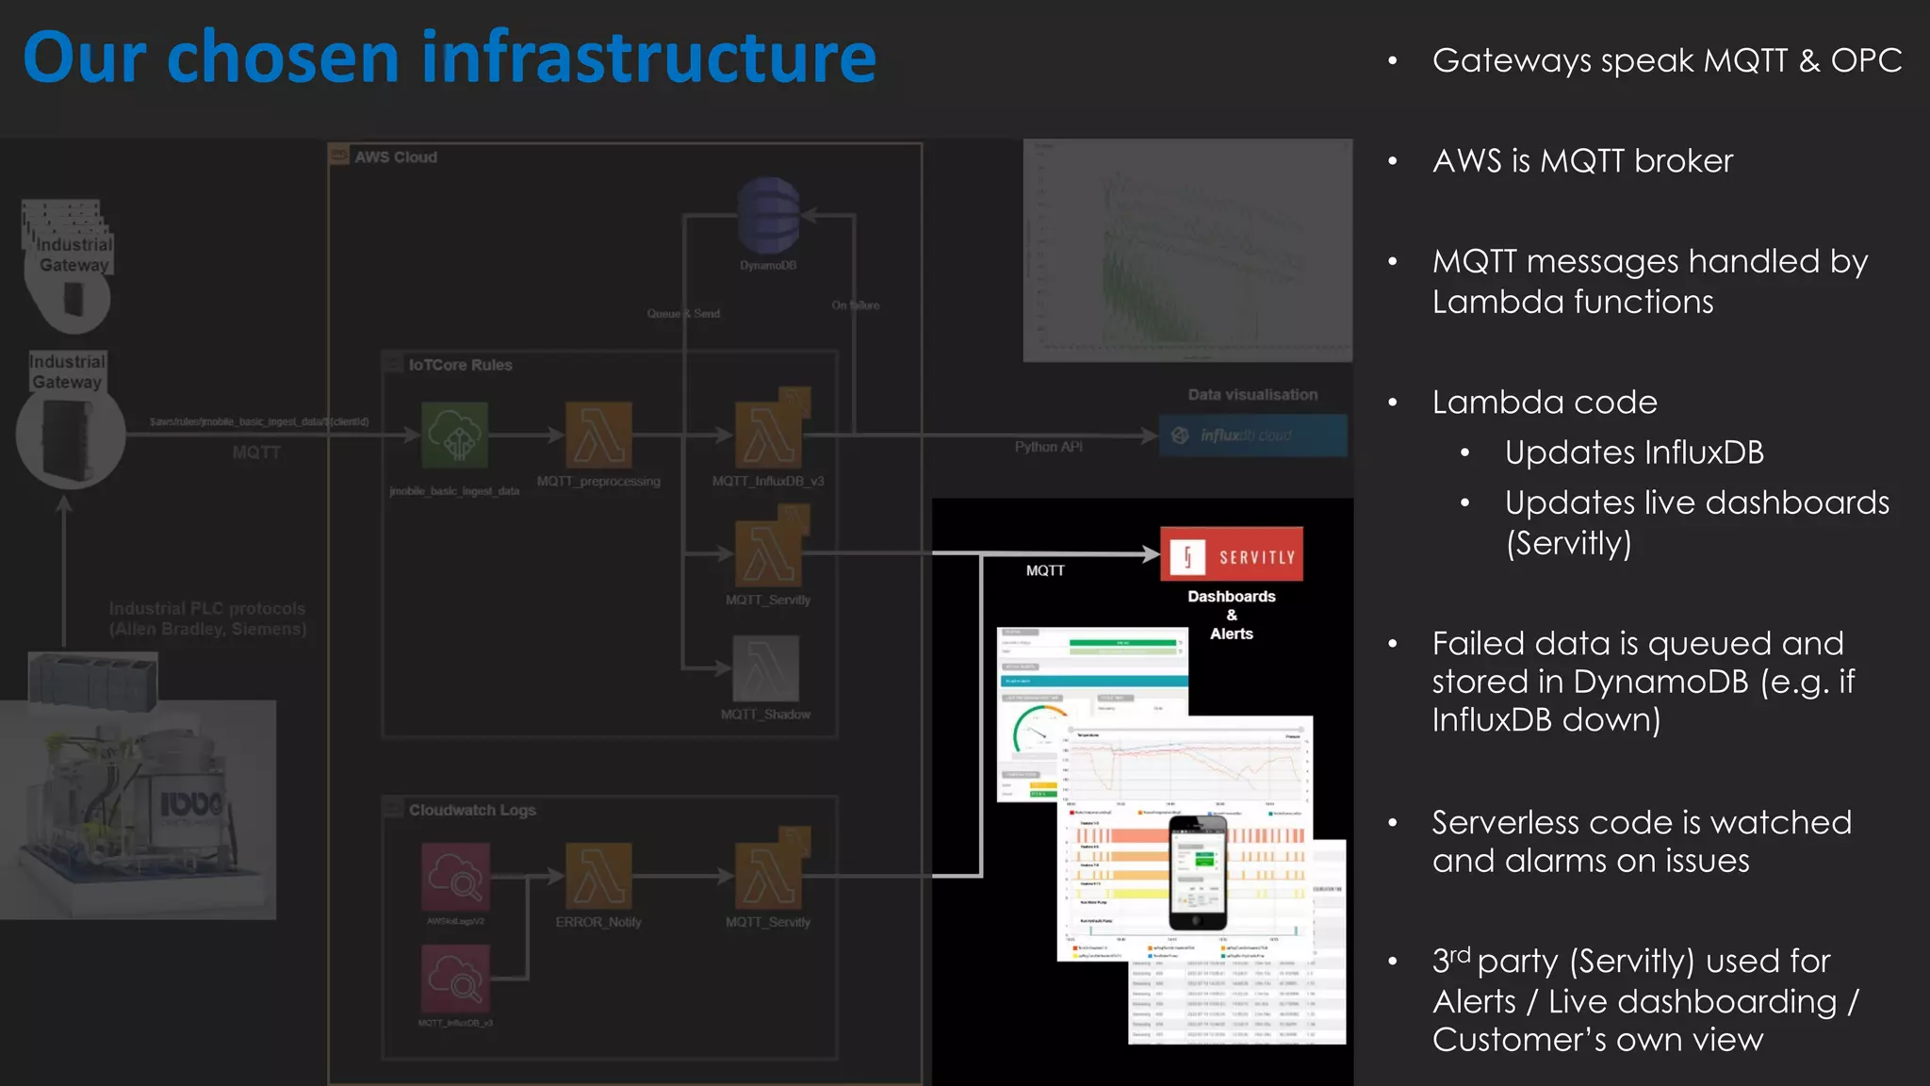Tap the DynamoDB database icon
[x=768, y=215]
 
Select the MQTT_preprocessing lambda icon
[x=598, y=435]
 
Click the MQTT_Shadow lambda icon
[x=766, y=667]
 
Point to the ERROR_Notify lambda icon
[x=598, y=876]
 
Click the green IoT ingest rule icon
[x=455, y=435]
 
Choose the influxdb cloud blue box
[x=1252, y=436]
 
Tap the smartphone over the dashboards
[x=1198, y=873]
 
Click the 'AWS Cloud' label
[x=396, y=157]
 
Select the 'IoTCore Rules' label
[x=460, y=365]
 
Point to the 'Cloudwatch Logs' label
[x=472, y=810]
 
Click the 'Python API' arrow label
[x=1048, y=447]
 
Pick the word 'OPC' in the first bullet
[x=1866, y=60]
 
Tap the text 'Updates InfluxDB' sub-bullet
[x=1633, y=452]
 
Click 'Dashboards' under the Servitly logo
[x=1231, y=597]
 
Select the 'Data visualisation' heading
[x=1252, y=395]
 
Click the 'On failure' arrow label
[x=856, y=305]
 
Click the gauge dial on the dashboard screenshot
[x=1037, y=732]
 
